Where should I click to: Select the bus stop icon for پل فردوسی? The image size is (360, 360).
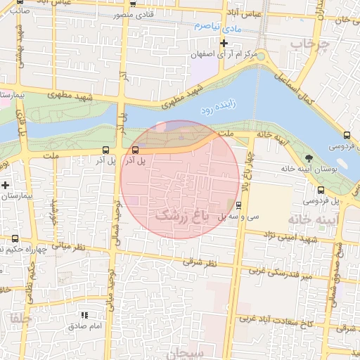(x=321, y=190)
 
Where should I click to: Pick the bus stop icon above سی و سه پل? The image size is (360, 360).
(x=239, y=206)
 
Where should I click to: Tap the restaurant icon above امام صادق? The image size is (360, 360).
(x=86, y=315)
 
